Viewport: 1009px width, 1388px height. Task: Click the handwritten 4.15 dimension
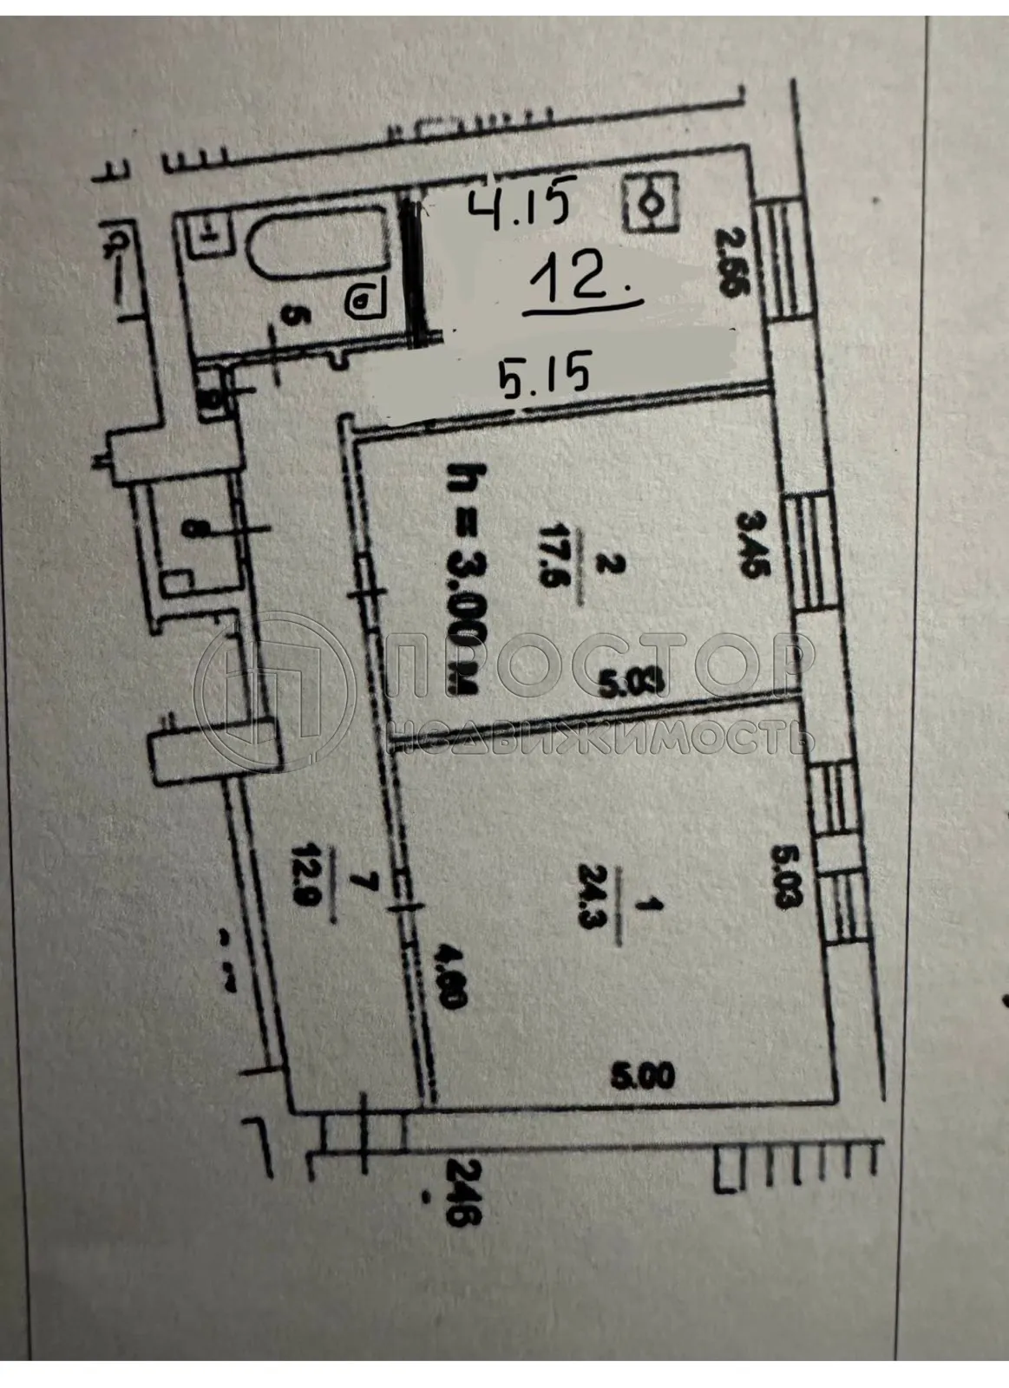pyautogui.click(x=520, y=208)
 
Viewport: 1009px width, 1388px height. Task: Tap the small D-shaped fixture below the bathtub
pyautogui.click(x=362, y=301)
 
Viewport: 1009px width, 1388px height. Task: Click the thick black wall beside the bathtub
pyautogui.click(x=416, y=269)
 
